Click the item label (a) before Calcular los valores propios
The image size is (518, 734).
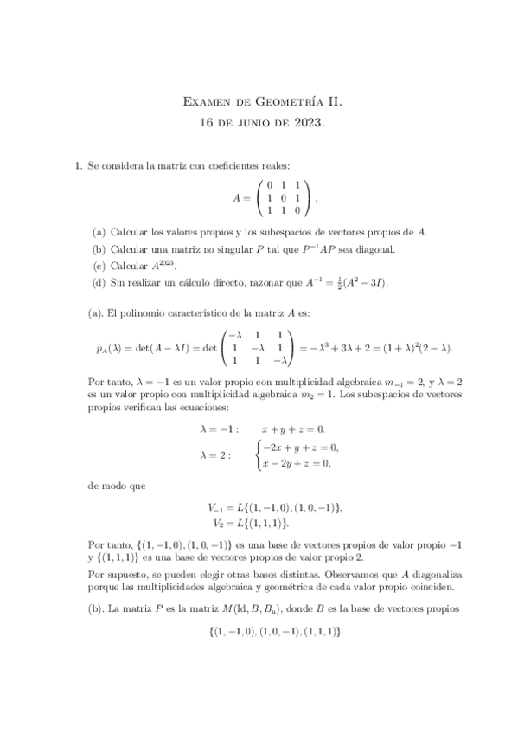tap(99, 232)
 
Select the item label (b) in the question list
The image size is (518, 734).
tap(99, 249)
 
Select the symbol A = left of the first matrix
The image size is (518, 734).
tap(241, 198)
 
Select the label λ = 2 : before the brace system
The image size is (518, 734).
tap(215, 455)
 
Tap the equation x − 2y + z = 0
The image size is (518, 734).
tap(297, 463)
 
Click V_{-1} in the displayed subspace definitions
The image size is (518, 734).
tap(216, 507)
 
